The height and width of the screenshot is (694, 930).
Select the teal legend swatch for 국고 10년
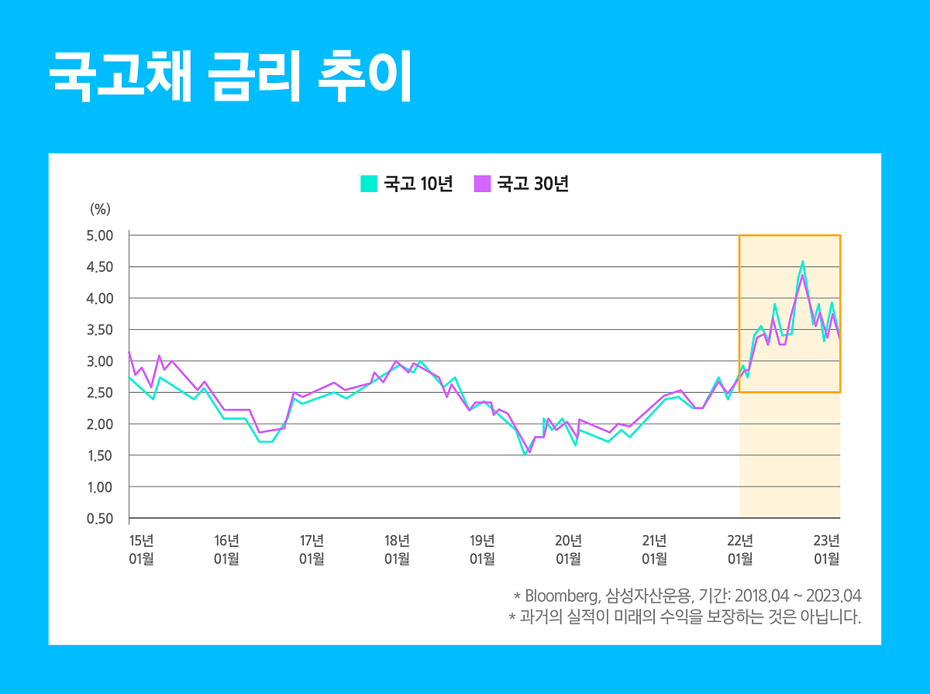tap(369, 184)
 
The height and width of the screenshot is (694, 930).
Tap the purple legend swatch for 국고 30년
tap(482, 184)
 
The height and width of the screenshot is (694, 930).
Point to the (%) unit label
tap(101, 208)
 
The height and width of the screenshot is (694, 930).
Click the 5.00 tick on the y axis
tap(101, 235)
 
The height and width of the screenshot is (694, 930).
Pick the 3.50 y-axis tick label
tap(101, 330)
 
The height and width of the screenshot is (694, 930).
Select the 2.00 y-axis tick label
tap(101, 424)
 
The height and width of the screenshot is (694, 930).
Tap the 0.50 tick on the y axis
tap(101, 519)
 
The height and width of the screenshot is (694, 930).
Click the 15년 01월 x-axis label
tap(141, 549)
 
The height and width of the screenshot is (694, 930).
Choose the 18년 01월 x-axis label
tap(397, 549)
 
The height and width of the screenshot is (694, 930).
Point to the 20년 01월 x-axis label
tap(568, 549)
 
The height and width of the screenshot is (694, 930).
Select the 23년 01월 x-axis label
tap(826, 549)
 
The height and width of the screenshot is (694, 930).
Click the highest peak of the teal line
tap(803, 262)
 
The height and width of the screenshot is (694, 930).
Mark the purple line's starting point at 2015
tap(129, 352)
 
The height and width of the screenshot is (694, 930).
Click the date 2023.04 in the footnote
tap(833, 596)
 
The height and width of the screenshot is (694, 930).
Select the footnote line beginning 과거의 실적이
tap(685, 618)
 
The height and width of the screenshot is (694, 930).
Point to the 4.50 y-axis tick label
tap(101, 267)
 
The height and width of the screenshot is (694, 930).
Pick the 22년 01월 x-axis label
tap(740, 549)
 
